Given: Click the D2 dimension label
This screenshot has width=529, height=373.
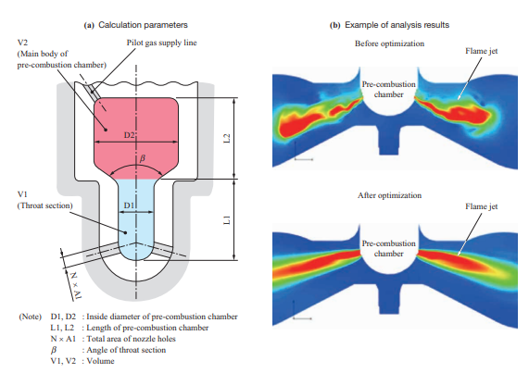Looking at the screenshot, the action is click(x=129, y=135).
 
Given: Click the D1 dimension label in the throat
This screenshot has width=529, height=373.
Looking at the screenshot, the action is click(x=129, y=205).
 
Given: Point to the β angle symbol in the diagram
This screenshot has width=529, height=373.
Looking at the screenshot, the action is click(x=143, y=158).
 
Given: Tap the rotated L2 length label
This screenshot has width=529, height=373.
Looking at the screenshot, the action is click(x=227, y=138).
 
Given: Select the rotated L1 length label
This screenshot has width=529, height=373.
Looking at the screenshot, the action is click(x=227, y=219).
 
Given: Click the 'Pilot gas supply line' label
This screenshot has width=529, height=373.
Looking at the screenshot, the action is click(x=161, y=43).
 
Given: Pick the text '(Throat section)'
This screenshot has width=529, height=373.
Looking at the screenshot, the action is click(x=44, y=205).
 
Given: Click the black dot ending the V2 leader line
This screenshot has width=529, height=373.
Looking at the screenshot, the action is click(x=106, y=130).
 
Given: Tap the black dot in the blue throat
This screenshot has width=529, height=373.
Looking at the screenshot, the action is click(x=125, y=232).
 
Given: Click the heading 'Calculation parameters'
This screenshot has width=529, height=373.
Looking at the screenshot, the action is click(x=143, y=25).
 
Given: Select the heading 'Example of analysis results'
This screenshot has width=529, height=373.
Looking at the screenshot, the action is click(x=397, y=25).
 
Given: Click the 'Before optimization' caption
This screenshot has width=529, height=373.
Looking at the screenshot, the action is click(x=389, y=44).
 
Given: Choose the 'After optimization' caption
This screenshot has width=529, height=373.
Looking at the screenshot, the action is click(x=389, y=195).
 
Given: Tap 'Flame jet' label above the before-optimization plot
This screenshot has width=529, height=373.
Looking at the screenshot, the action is click(x=482, y=51).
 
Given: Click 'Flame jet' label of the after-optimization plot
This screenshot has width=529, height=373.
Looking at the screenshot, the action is click(x=482, y=206).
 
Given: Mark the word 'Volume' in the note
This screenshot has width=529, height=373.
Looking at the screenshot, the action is click(x=101, y=361).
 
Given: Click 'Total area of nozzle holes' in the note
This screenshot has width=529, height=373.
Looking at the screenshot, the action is click(x=132, y=339).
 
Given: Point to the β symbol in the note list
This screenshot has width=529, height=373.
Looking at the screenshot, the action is click(x=54, y=350).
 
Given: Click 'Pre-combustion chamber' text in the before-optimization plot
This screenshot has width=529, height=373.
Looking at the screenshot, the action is click(x=389, y=89).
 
